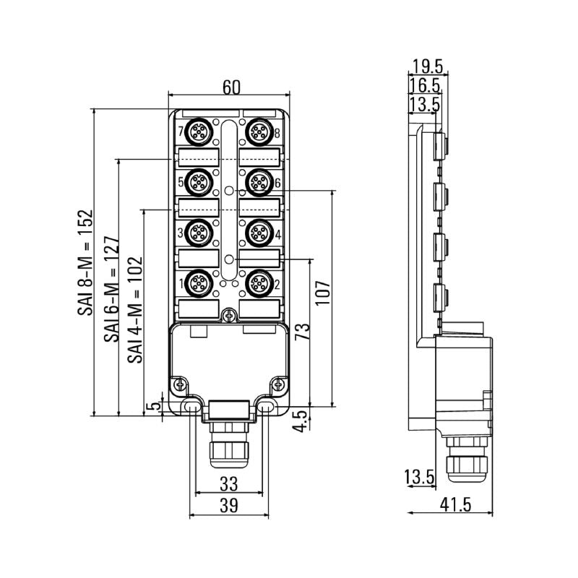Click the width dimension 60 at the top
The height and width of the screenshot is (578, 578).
click(230, 86)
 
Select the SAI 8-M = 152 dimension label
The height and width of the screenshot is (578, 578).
click(86, 264)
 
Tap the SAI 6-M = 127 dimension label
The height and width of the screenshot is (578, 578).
click(111, 289)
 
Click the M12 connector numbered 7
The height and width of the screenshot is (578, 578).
click(198, 132)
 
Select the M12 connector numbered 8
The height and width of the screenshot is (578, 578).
click(258, 132)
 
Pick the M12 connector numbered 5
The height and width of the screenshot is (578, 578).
click(198, 181)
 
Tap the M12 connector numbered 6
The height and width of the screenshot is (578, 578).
click(258, 181)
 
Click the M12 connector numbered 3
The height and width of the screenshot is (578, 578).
click(198, 233)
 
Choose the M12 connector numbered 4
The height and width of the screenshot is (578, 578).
click(258, 233)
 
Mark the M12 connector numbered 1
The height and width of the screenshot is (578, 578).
click(198, 282)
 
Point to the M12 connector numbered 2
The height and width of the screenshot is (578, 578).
click(258, 282)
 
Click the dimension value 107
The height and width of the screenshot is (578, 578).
click(324, 293)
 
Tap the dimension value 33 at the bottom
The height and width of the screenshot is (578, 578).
click(228, 483)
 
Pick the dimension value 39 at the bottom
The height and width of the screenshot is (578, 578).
click(228, 506)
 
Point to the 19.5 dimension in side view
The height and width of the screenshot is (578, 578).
click(428, 67)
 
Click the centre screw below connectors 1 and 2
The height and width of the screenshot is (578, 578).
click(228, 315)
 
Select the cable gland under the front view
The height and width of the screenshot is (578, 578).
click(228, 448)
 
